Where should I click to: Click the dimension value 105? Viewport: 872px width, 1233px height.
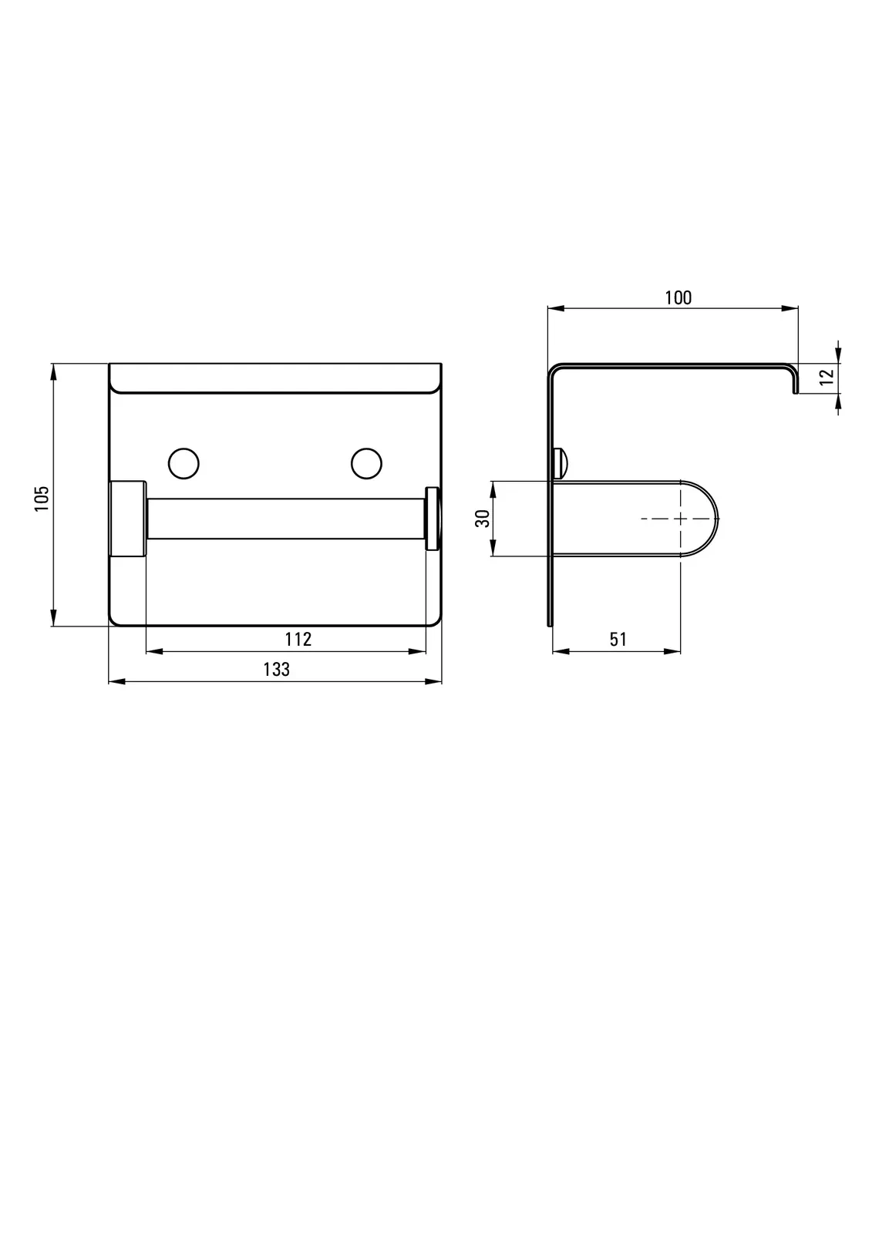click(x=42, y=499)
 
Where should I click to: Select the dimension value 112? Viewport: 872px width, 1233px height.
click(x=298, y=639)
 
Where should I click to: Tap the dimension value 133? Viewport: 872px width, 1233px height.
click(x=277, y=670)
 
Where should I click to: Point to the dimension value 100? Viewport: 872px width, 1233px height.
click(x=678, y=297)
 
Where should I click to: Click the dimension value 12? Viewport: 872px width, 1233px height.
click(x=827, y=377)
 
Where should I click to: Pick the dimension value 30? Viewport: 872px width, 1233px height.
click(x=483, y=519)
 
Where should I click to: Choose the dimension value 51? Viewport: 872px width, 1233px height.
click(x=618, y=639)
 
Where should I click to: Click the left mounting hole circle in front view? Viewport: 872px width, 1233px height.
click(x=183, y=463)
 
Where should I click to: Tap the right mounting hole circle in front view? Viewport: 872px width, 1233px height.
click(x=366, y=463)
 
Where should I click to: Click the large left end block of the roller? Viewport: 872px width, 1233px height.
click(x=128, y=519)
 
